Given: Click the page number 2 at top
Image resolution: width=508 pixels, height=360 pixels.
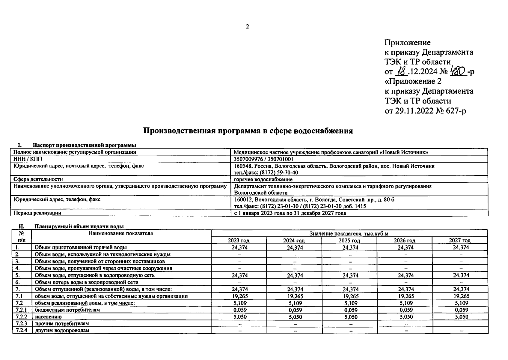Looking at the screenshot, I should [x=247, y=27].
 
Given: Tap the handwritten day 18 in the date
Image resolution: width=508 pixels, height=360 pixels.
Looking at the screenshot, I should [x=401, y=71].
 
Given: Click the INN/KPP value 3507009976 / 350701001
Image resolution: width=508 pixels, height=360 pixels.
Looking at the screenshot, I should [x=263, y=159].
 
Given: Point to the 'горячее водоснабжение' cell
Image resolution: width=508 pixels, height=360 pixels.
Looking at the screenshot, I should [x=263, y=179].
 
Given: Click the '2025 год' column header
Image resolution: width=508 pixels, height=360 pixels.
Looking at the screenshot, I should [x=349, y=241].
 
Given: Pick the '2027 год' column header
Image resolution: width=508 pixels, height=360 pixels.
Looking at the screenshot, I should [x=459, y=241].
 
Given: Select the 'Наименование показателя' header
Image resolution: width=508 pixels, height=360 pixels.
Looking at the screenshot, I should [x=121, y=233].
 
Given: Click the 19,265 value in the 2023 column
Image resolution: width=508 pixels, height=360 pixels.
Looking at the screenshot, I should [x=239, y=296].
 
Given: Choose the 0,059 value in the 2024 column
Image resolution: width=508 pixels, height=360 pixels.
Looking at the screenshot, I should [x=295, y=310].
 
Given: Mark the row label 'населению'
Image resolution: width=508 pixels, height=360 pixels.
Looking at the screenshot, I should [x=48, y=317].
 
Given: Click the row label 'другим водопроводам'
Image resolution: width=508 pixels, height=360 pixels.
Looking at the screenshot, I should [x=62, y=330].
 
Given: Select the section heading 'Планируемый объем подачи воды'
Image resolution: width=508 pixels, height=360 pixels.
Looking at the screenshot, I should [x=79, y=226].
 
